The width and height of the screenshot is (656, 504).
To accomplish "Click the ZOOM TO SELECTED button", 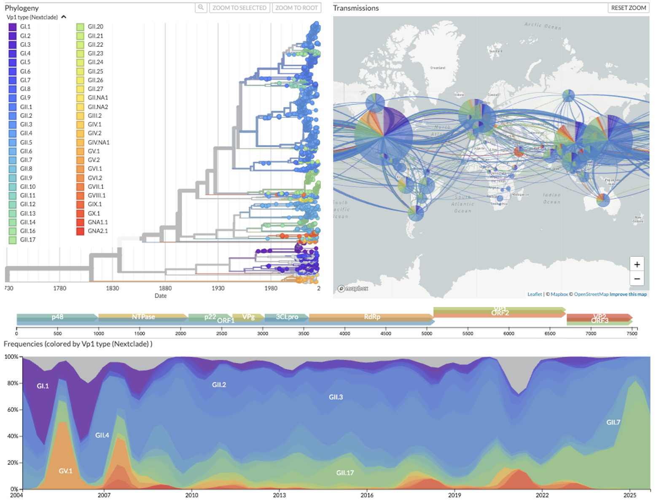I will pyautogui.click(x=239, y=8).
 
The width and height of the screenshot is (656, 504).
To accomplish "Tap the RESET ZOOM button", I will pyautogui.click(x=628, y=8).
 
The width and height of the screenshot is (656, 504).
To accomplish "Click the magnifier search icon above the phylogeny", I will pyautogui.click(x=201, y=8).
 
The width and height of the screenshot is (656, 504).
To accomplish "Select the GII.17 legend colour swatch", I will pyautogui.click(x=13, y=240).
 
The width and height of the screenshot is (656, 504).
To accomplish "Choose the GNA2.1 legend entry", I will pyautogui.click(x=97, y=231).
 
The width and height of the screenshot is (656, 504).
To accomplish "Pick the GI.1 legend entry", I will pyautogui.click(x=25, y=27).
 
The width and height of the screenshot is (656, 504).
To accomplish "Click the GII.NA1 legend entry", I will pyautogui.click(x=97, y=98).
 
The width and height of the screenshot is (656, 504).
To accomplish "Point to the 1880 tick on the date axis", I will pyautogui.click(x=165, y=288).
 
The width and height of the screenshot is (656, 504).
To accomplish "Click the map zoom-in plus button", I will pyautogui.click(x=637, y=264).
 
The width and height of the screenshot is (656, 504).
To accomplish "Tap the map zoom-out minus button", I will pyautogui.click(x=637, y=279).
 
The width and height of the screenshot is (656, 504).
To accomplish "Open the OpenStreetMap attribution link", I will pyautogui.click(x=591, y=294).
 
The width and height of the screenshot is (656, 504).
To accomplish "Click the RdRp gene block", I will pyautogui.click(x=371, y=317).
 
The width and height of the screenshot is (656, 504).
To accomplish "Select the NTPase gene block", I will pyautogui.click(x=143, y=317).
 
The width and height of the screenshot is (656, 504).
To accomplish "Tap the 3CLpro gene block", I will pyautogui.click(x=287, y=317).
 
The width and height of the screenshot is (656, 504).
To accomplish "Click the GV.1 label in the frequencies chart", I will pyautogui.click(x=65, y=471).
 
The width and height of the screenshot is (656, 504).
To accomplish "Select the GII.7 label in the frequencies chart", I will pyautogui.click(x=613, y=422).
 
